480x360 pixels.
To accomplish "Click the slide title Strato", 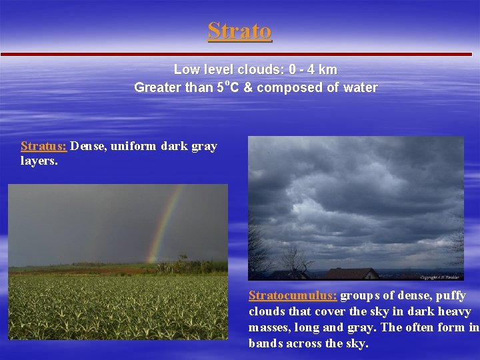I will click(239, 31).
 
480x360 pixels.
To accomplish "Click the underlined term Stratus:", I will click(43, 146).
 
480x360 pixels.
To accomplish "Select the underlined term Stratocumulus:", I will click(293, 295).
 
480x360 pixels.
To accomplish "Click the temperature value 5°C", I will click(228, 87).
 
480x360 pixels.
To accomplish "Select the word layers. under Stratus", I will click(39, 161).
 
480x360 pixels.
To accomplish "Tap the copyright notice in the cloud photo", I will click(441, 277).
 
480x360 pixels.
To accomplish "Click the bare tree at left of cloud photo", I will click(260, 253).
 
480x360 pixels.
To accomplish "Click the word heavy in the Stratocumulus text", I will click(454, 311).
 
